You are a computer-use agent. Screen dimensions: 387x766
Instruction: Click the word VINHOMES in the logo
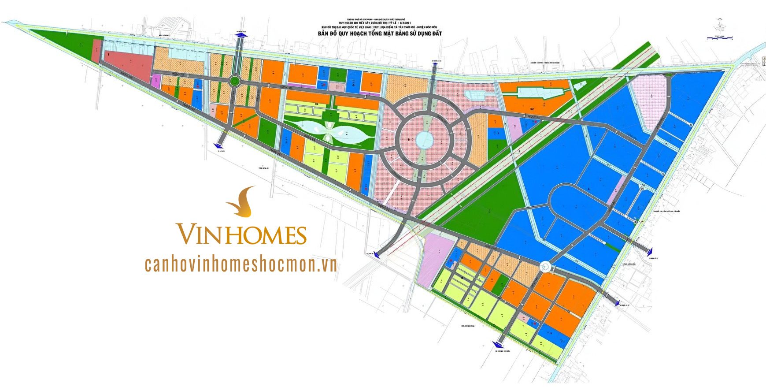coord(241,234)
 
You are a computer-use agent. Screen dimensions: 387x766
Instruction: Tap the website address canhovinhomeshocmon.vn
coord(241,264)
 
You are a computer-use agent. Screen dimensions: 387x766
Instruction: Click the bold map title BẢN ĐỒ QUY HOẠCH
coord(380,33)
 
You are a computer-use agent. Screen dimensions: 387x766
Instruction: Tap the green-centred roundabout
coord(235,81)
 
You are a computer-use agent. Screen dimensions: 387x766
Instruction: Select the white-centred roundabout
coord(546,266)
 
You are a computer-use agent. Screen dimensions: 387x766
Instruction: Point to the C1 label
coord(316,104)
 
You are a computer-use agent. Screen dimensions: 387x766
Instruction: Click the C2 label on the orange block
coord(532,108)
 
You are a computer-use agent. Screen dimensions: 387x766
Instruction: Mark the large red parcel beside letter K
coord(128,65)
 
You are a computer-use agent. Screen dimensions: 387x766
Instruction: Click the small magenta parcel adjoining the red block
coord(156,81)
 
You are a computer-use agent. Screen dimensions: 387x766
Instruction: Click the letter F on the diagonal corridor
coord(520,152)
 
